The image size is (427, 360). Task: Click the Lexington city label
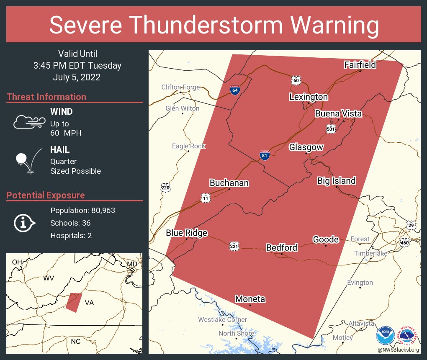309,97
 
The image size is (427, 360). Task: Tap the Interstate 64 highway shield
235,90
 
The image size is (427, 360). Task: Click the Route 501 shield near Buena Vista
331,129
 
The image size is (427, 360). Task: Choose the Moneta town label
250,299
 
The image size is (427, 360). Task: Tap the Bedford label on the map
282,248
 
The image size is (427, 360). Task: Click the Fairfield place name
360,64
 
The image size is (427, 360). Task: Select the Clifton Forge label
180,87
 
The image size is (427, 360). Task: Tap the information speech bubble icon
25,223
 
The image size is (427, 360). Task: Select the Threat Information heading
46,97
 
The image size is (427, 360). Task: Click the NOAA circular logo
385,336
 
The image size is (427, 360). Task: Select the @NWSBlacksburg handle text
398,350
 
